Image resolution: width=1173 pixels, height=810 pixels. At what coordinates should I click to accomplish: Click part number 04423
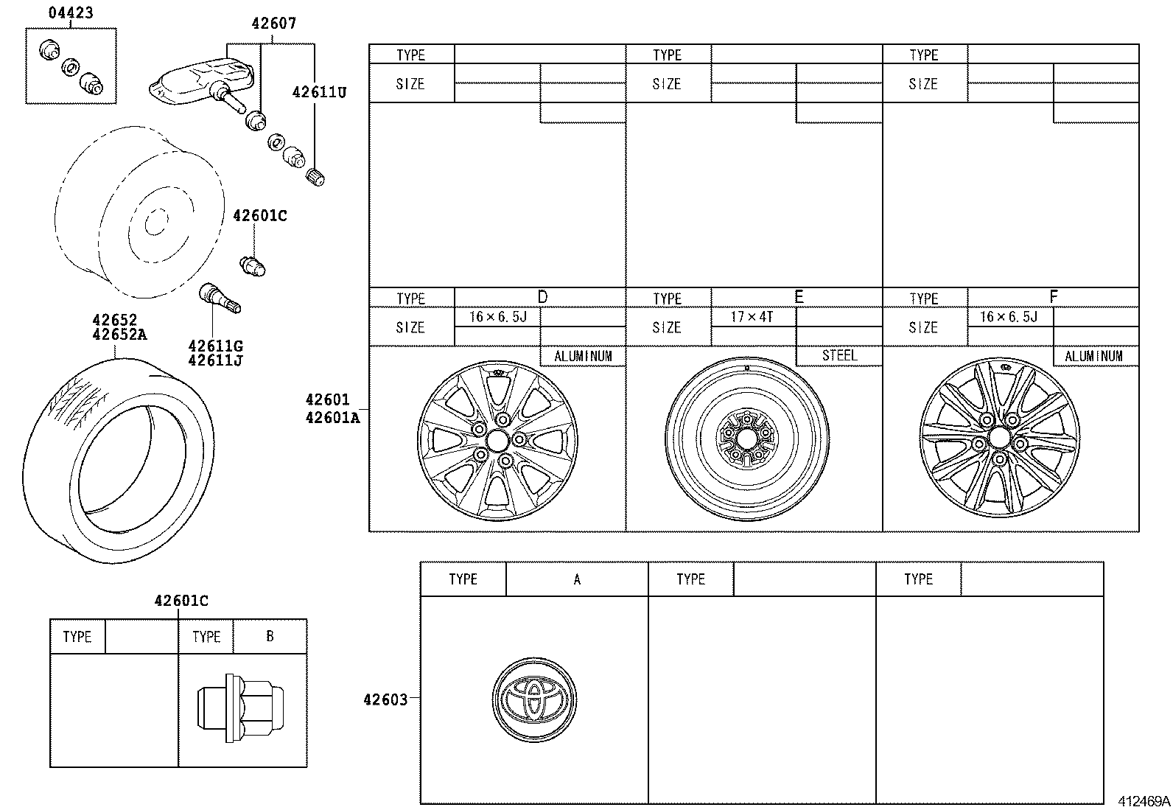coord(71,13)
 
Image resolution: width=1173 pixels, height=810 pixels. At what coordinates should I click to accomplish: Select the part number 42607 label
coord(273,24)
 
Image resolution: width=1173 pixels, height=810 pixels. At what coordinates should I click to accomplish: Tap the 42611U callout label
coord(318,92)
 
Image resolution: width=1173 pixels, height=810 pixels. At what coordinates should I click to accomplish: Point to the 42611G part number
coord(215,346)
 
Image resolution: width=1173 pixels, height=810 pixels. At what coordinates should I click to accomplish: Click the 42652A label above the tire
coord(119,335)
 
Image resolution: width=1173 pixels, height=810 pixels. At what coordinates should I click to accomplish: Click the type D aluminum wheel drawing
coord(497,441)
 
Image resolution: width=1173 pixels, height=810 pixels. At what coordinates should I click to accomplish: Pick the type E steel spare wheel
coord(747,441)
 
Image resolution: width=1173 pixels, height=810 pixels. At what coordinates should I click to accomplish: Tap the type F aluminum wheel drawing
coord(999,441)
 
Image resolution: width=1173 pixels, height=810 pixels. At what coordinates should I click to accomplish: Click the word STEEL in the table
coord(839,355)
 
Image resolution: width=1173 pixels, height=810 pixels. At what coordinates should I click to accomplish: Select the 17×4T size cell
coord(752,317)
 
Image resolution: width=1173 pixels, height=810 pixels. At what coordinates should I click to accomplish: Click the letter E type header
coord(798,297)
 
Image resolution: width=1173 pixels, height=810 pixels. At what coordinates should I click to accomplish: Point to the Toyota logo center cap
coord(534,699)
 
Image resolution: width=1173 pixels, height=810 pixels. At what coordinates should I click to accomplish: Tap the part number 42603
coord(385,699)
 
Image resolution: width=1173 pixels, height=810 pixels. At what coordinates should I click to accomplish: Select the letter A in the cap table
coord(577,579)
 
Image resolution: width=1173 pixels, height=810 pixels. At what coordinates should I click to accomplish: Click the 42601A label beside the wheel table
coord(333,418)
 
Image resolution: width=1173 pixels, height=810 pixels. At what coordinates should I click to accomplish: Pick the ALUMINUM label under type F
coord(1093,356)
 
